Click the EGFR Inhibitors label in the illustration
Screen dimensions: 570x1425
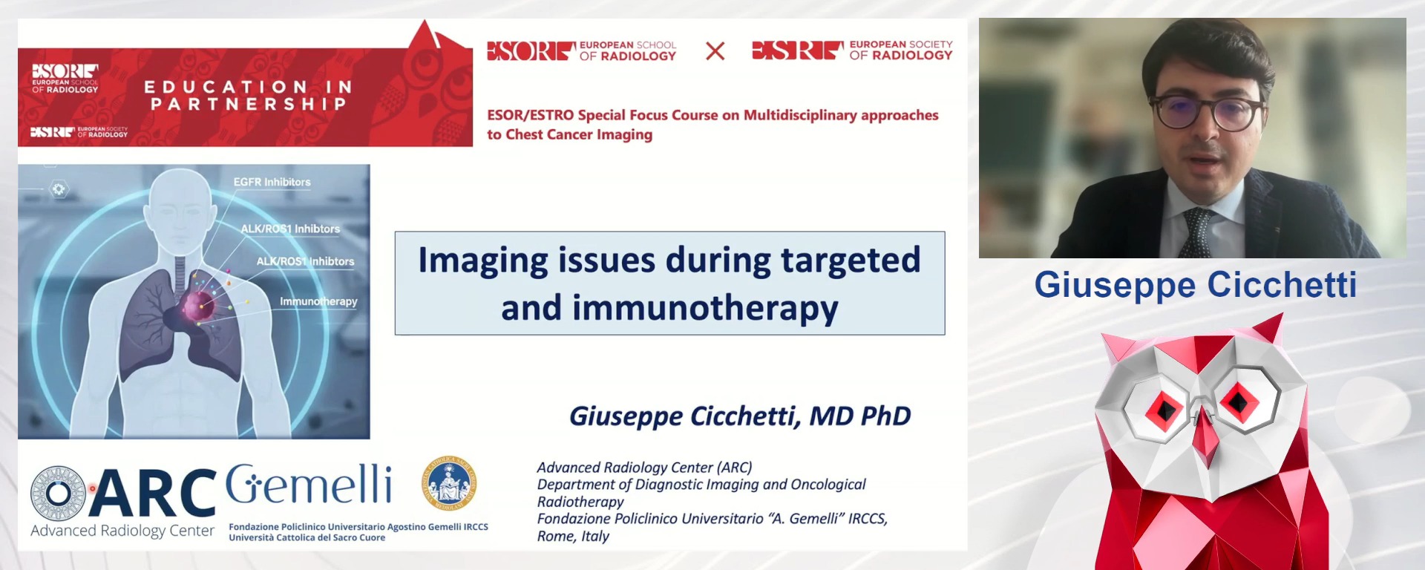(272, 182)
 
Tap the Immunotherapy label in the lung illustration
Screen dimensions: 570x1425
(318, 301)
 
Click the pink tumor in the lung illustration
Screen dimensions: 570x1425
(199, 305)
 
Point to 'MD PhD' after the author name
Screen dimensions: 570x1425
(859, 416)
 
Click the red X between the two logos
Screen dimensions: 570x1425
(715, 51)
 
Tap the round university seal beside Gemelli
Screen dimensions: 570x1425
(449, 483)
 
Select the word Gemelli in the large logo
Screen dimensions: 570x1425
(309, 485)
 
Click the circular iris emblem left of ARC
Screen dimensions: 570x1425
(58, 493)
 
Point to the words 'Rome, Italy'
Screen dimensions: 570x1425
(573, 536)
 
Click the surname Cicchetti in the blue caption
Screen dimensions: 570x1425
(1282, 285)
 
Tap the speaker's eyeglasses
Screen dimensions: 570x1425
(1209, 113)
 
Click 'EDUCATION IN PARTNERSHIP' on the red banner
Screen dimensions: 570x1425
(249, 96)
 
